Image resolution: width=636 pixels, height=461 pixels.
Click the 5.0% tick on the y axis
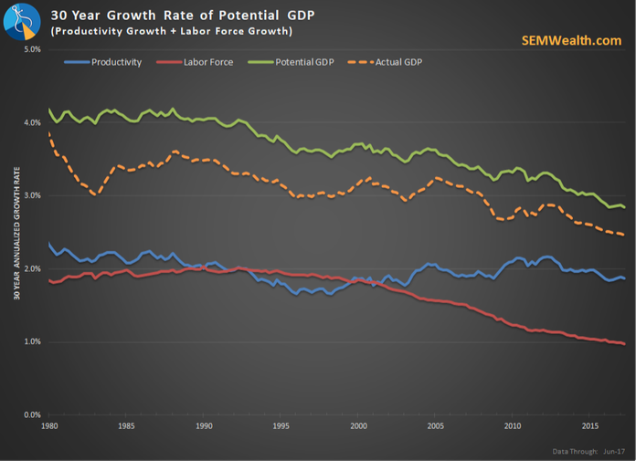point(31,48)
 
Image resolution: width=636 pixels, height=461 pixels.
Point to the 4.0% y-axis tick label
point(31,122)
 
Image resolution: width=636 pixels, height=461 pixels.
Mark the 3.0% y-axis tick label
point(31,195)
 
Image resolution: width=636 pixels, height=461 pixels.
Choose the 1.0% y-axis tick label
point(31,341)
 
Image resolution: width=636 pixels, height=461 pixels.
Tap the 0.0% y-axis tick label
point(31,414)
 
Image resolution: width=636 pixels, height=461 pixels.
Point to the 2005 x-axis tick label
point(436,426)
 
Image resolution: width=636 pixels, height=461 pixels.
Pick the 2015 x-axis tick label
point(590,426)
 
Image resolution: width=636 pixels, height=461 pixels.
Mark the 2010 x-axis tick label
point(513,426)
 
